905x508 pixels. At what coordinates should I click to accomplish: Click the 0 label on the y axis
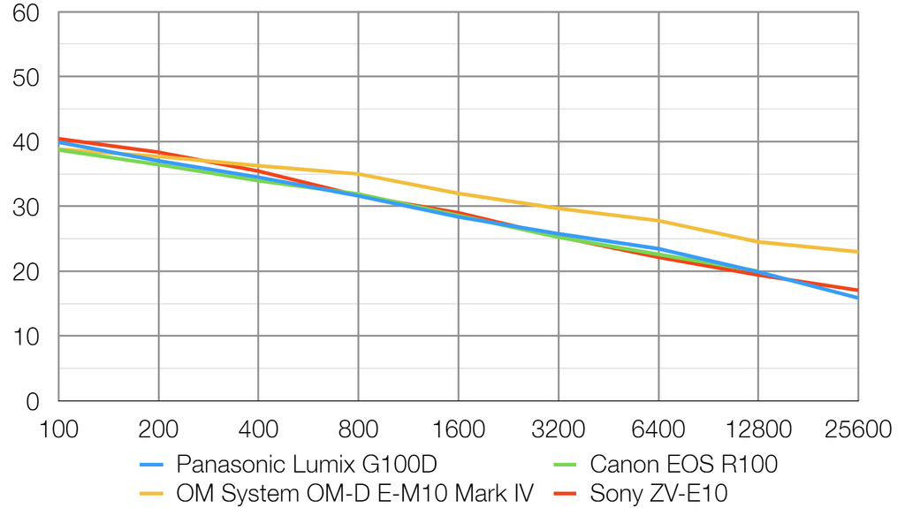click(x=33, y=402)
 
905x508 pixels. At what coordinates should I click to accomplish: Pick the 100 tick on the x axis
click(x=58, y=429)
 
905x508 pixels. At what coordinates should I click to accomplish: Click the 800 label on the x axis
click(x=358, y=429)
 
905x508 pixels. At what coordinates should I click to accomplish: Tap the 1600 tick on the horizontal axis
click(x=458, y=429)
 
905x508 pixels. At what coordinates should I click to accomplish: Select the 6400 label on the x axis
click(x=658, y=429)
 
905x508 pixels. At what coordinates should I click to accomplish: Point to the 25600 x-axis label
click(x=856, y=429)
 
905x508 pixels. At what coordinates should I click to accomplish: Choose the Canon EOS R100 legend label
click(x=683, y=464)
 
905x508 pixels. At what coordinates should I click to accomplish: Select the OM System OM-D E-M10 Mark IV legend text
click(x=354, y=493)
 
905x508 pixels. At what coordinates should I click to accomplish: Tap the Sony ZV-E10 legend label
click(x=658, y=493)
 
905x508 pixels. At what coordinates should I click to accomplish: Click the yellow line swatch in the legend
click(x=152, y=493)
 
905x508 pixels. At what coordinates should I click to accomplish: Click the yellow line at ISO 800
click(x=358, y=174)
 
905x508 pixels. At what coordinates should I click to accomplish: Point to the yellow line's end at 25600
click(x=857, y=252)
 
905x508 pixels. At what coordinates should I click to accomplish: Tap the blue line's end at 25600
click(x=857, y=298)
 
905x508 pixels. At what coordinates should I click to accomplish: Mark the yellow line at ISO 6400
click(x=658, y=221)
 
